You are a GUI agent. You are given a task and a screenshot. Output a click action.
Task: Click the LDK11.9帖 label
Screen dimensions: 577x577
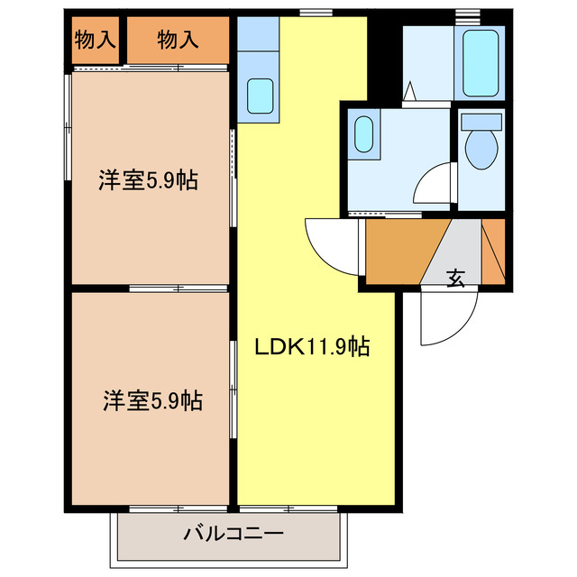[312, 346]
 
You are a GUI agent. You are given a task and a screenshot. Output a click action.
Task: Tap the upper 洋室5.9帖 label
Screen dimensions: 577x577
[148, 180]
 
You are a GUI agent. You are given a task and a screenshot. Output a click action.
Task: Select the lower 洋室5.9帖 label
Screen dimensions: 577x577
[151, 399]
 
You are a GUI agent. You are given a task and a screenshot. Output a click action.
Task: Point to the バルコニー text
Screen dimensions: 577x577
[234, 534]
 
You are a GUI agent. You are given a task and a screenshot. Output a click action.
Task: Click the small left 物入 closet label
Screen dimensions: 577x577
[95, 39]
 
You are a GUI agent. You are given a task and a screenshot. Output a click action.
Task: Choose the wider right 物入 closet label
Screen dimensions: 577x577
[177, 39]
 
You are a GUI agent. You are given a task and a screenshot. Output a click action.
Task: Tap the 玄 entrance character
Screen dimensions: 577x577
[456, 279]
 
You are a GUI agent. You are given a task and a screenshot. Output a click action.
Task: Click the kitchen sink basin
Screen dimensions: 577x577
[261, 94]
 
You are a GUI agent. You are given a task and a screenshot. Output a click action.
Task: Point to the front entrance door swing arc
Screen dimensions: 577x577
[446, 320]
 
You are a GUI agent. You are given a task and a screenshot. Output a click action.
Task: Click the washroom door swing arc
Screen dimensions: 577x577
[431, 185]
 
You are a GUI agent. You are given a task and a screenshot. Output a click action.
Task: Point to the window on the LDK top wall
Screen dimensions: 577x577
[314, 12]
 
